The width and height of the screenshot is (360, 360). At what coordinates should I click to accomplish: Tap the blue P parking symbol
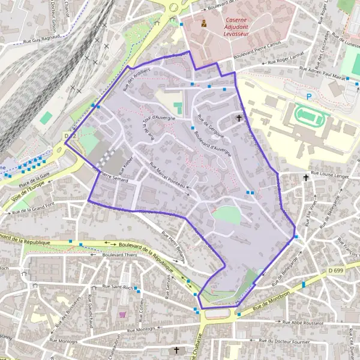click(309, 96)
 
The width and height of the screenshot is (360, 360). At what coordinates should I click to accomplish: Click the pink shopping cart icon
click(124, 313)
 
